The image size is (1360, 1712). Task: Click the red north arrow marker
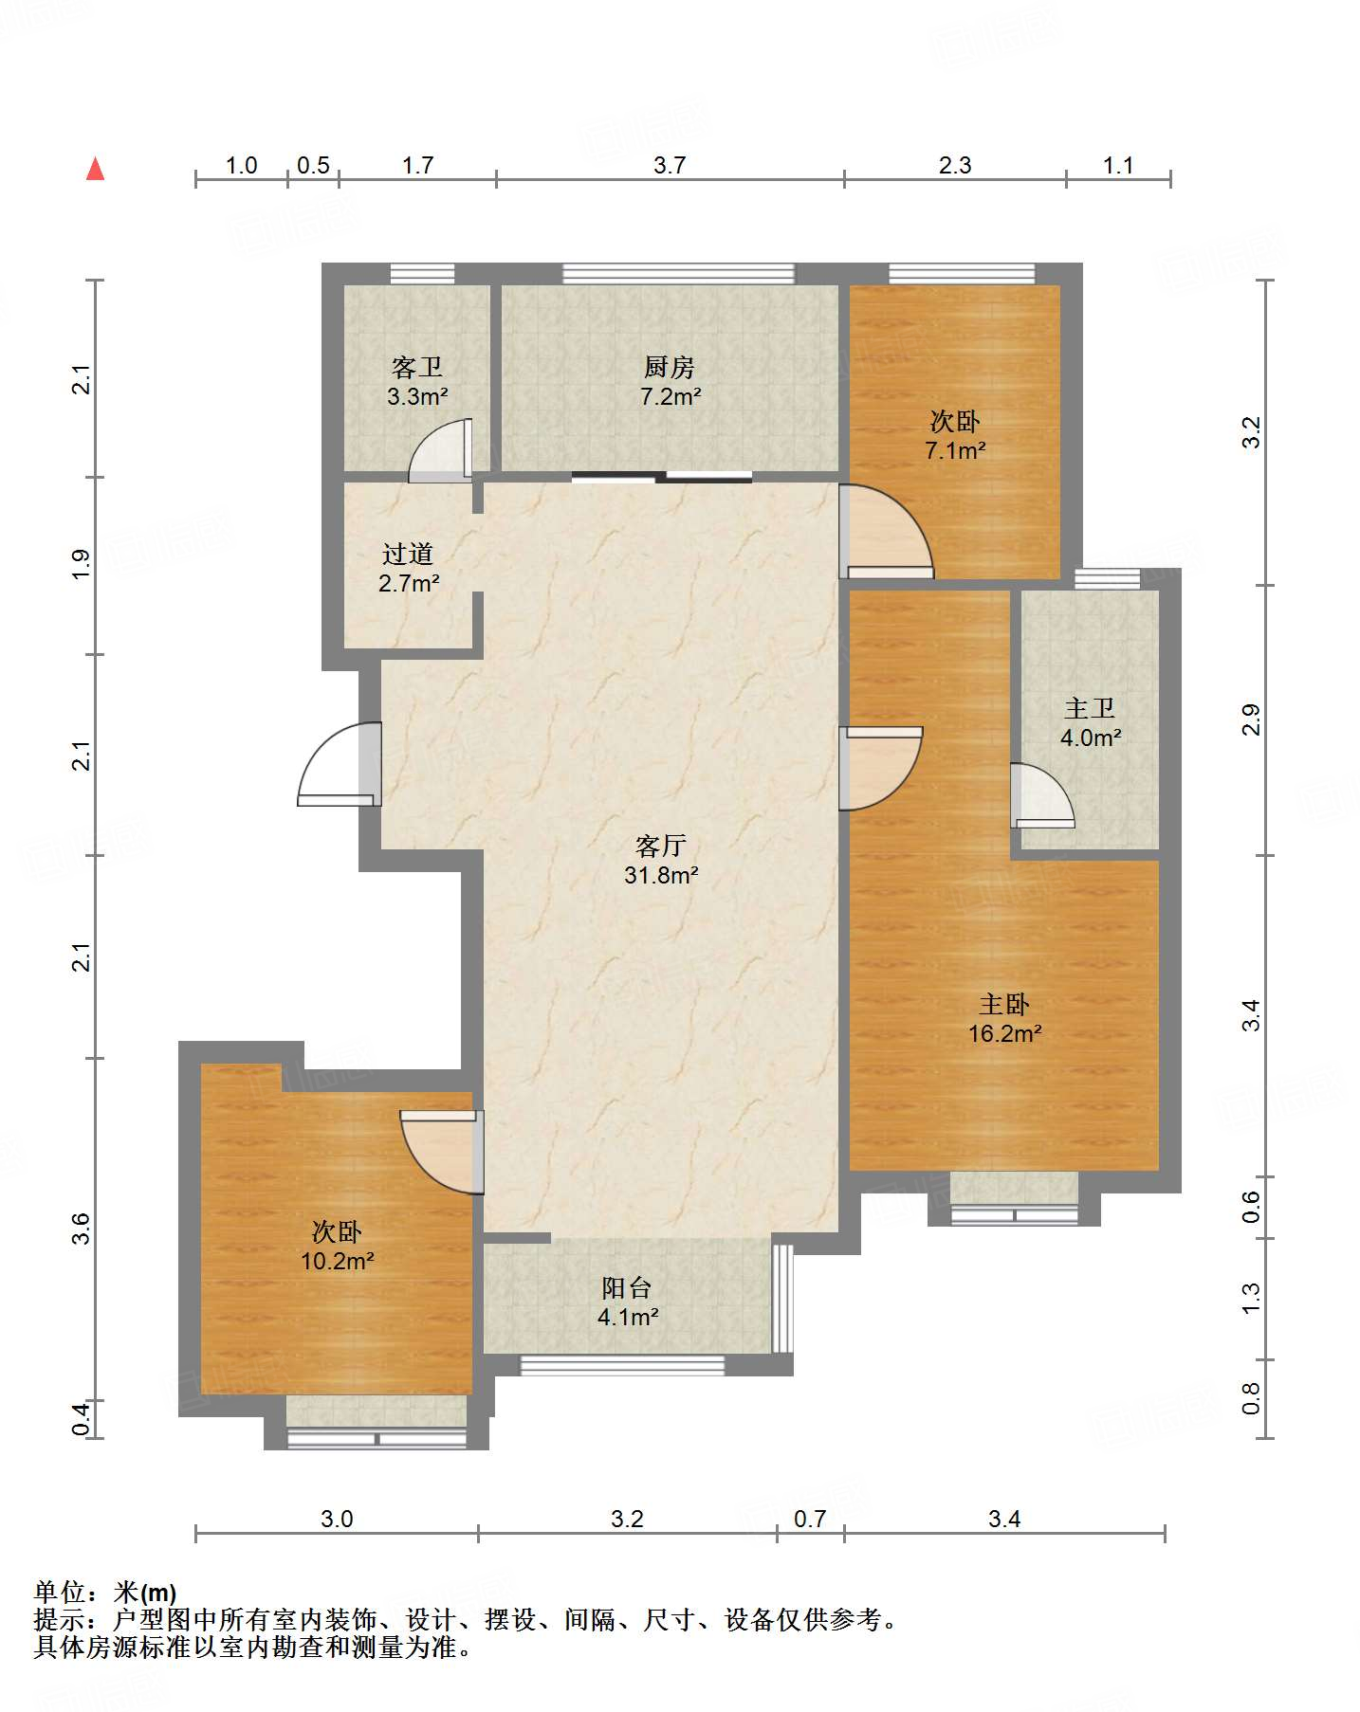click(x=95, y=169)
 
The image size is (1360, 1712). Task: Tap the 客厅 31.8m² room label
click(x=661, y=860)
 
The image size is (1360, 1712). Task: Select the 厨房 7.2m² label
click(x=671, y=381)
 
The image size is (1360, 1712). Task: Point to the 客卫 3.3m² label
click(x=417, y=381)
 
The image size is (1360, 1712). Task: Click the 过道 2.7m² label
click(x=409, y=568)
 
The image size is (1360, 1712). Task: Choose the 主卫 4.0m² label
click(x=1091, y=722)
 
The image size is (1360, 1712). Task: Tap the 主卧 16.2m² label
click(x=1004, y=1018)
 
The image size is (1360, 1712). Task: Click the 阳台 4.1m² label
click(x=627, y=1302)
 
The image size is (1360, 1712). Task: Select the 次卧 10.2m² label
click(x=337, y=1247)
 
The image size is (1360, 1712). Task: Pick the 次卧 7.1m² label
click(x=955, y=435)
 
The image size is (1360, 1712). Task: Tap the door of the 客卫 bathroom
click(x=441, y=450)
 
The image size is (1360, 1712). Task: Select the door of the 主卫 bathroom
click(x=1042, y=795)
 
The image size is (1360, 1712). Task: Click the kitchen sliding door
click(x=662, y=477)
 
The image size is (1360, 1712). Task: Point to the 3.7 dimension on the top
click(x=670, y=166)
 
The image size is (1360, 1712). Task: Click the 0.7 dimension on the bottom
click(x=810, y=1520)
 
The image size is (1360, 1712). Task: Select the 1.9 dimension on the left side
click(x=83, y=565)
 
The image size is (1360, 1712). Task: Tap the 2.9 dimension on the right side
click(x=1252, y=719)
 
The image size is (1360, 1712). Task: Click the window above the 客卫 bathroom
click(x=422, y=274)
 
